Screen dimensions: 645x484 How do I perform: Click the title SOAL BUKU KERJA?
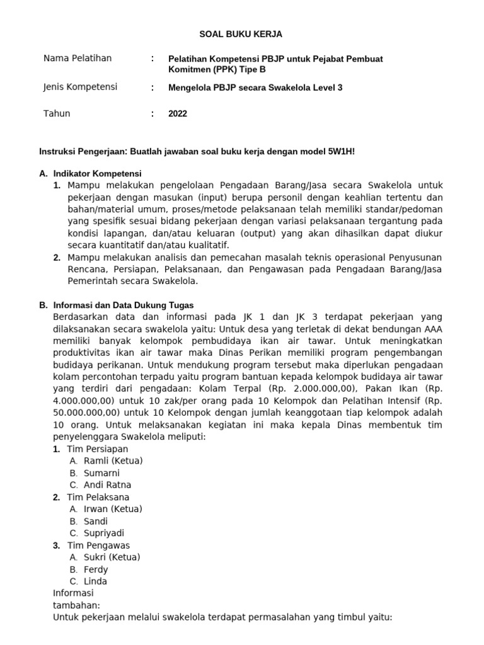tap(241, 34)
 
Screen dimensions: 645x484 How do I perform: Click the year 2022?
tap(178, 114)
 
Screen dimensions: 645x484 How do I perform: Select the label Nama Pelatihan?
tap(78, 59)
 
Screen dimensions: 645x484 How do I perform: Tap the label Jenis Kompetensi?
tap(80, 87)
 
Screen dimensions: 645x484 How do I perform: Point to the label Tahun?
tap(57, 114)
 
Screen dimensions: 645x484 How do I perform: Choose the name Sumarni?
tap(101, 473)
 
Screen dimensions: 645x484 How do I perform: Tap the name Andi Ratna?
tap(108, 485)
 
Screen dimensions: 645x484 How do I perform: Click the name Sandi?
tap(96, 521)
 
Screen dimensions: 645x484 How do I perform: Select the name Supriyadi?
tap(104, 533)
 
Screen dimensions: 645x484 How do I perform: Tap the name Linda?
tap(95, 581)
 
